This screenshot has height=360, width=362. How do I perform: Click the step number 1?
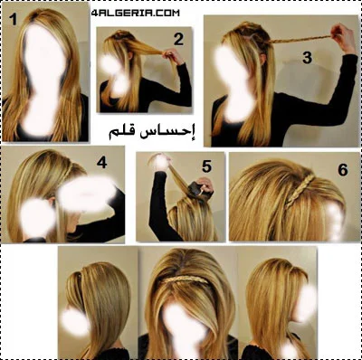point(13,19)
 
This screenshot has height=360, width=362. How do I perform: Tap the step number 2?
point(178,39)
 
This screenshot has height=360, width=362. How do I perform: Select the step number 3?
point(307,57)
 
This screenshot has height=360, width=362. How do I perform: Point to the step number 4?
point(101,163)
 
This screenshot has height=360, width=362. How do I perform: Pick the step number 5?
point(206,166)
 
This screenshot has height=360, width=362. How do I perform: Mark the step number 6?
point(343,170)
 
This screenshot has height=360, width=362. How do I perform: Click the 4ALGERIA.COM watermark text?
point(135,14)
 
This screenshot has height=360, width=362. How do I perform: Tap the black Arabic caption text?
point(152,133)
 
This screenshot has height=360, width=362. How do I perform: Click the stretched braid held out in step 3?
point(300,39)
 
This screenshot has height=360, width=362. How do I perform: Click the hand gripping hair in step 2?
point(172,57)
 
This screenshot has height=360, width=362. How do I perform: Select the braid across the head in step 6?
point(298,191)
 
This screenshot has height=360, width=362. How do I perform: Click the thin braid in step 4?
point(68,172)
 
